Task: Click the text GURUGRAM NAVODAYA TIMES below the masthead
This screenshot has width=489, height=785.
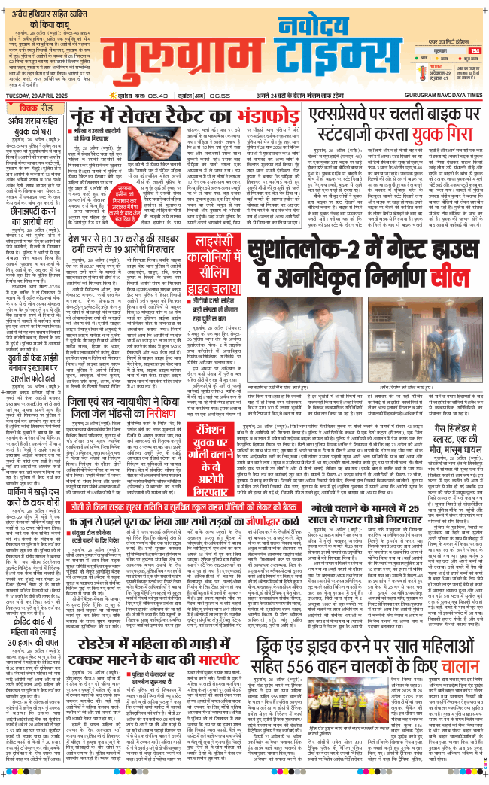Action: (x=440, y=105)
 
